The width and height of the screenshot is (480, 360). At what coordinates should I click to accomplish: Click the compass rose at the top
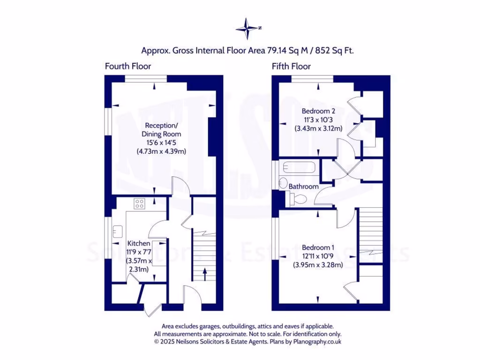coord(248,28)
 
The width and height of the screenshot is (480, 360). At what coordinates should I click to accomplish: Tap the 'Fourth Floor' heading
coord(127,66)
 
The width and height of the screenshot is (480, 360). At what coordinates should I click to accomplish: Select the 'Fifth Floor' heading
coord(291,66)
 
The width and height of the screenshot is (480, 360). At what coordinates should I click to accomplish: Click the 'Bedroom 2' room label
coord(318,111)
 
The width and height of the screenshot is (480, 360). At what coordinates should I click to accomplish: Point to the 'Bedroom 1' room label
coord(318,247)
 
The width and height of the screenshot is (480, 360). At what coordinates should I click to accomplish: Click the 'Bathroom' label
coord(303,186)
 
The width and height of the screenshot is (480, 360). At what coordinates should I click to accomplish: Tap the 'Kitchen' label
coord(139,244)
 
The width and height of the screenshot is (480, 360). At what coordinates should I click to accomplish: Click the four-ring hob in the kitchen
coord(140,203)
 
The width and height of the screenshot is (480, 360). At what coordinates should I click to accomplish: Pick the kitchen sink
coord(118,231)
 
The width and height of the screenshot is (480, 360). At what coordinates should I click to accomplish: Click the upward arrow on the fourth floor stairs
coord(204,273)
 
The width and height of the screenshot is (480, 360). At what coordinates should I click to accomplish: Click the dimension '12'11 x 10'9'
coord(318,256)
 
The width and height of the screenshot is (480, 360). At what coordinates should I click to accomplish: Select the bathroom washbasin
coord(283,182)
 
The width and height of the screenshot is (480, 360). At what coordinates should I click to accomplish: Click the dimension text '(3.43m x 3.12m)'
coord(318,128)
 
